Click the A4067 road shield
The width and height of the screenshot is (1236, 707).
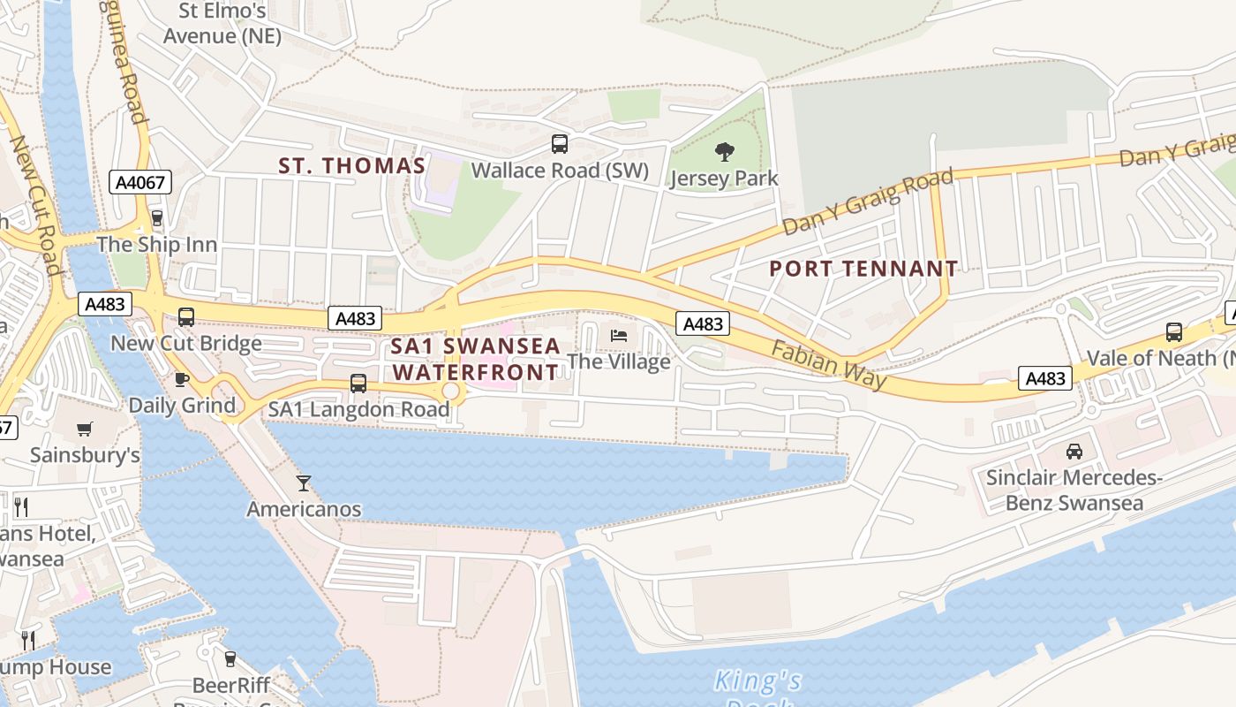click(140, 182)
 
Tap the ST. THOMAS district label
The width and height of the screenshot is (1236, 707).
click(352, 165)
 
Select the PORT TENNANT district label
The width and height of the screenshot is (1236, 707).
click(863, 269)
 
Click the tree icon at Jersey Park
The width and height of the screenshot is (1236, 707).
click(725, 152)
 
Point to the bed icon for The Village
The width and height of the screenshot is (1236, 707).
click(619, 336)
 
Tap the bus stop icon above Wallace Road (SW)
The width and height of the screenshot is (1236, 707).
click(560, 144)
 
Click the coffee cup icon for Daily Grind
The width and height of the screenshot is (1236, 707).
click(182, 379)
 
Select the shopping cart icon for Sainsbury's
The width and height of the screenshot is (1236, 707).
click(85, 430)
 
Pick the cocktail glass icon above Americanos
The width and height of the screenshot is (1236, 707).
click(304, 483)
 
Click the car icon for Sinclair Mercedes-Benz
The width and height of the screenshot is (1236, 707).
click(1074, 451)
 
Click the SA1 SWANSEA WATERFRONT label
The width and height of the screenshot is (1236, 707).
click(476, 359)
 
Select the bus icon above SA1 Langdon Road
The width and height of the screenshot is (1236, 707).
click(358, 384)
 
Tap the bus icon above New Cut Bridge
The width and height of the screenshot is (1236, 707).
click(186, 317)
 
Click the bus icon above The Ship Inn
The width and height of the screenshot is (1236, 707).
click(157, 217)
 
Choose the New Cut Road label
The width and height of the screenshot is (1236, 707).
click(35, 203)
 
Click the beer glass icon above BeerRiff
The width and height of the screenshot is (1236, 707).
click(230, 659)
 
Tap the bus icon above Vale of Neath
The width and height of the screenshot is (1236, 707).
click(1174, 332)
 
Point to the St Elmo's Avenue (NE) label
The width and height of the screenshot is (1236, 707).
click(222, 24)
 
